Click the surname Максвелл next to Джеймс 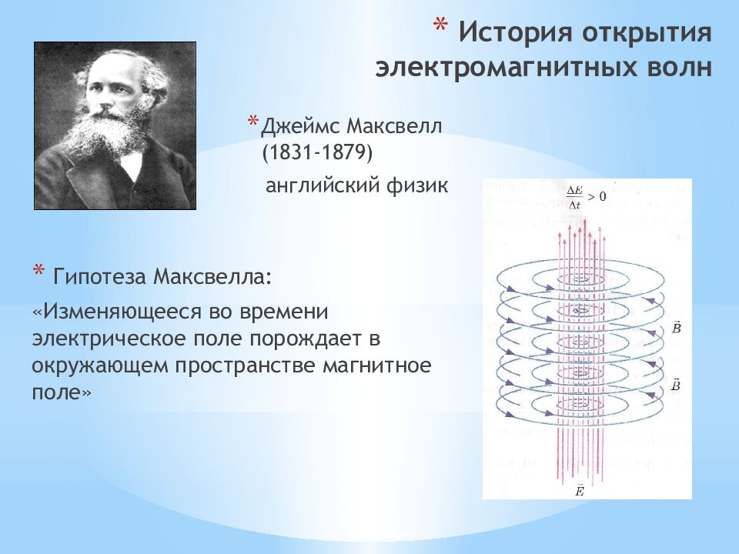click(x=395, y=125)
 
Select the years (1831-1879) click(x=317, y=152)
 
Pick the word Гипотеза click(x=99, y=276)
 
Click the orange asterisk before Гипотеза click(x=38, y=270)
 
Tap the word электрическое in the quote click(x=109, y=339)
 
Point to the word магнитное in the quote click(x=377, y=366)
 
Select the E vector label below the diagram click(x=580, y=490)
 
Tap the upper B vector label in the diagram click(x=676, y=328)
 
